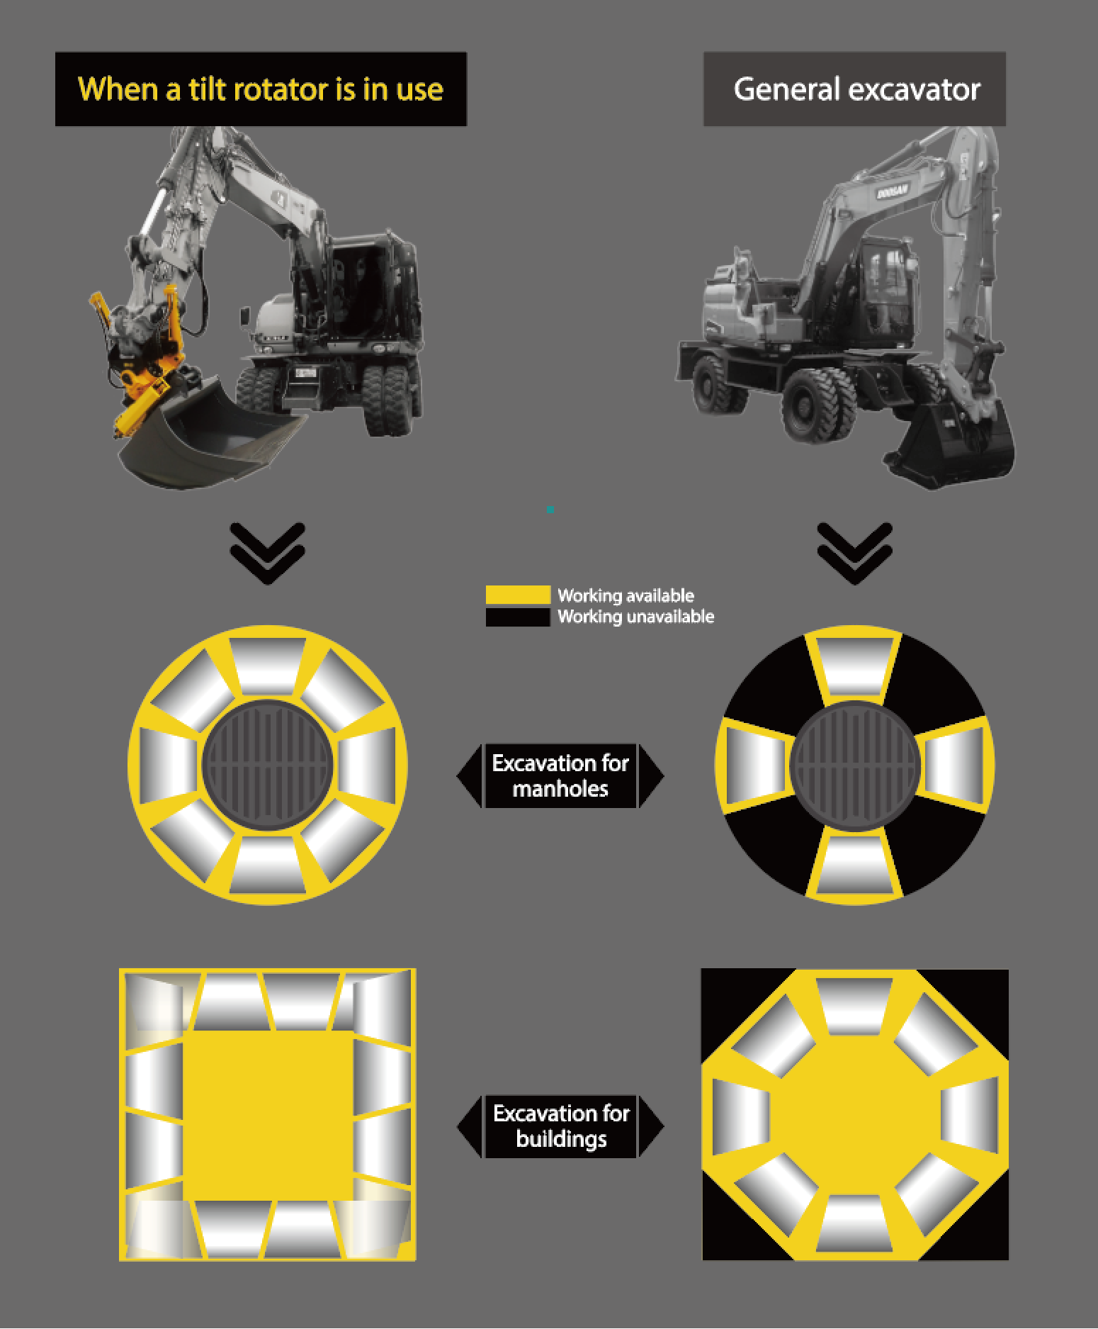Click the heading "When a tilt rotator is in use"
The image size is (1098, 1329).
tap(261, 89)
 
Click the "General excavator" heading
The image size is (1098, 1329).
tap(856, 89)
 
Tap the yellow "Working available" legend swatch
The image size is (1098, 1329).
tap(518, 595)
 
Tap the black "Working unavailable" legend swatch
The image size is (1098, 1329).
tap(518, 617)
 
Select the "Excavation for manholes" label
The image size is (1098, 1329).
tap(560, 775)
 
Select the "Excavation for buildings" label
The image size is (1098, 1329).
tap(560, 1126)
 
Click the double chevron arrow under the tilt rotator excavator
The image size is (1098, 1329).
tap(268, 554)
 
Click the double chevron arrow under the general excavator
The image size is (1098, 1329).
tap(854, 554)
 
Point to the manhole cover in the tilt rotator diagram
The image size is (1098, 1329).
tap(268, 764)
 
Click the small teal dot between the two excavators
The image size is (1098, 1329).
tap(550, 510)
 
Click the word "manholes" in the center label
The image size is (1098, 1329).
tap(560, 789)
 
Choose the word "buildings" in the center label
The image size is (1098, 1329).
tap(561, 1139)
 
